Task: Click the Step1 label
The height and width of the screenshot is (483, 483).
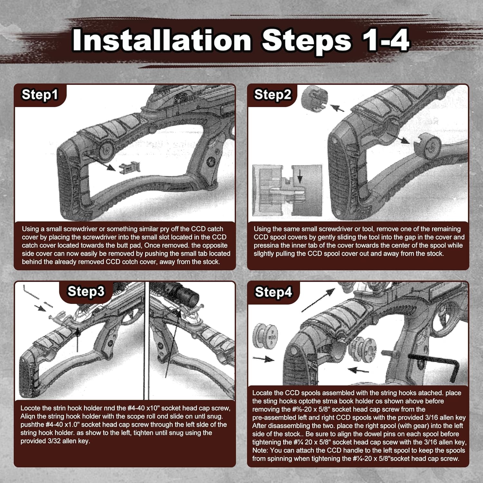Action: (x=40, y=95)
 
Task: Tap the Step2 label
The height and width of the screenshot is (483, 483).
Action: (x=272, y=95)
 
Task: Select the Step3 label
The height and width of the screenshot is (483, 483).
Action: (x=86, y=291)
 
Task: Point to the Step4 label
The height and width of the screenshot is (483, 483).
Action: (x=273, y=292)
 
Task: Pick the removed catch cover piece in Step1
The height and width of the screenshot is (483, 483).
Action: (x=130, y=167)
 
